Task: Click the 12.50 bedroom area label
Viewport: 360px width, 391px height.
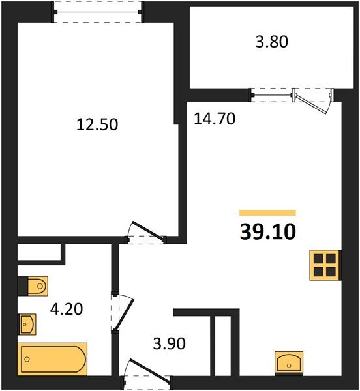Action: click(97, 124)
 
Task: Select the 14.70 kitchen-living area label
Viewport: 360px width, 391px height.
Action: click(214, 119)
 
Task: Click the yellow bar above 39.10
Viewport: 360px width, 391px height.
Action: click(267, 212)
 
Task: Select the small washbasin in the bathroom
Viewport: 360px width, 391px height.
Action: click(27, 322)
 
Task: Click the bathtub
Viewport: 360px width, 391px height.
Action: click(52, 358)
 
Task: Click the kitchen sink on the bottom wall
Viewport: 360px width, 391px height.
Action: click(288, 361)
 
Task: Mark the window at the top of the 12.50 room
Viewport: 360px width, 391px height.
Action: click(97, 10)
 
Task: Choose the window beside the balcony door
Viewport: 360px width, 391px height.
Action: click(272, 95)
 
